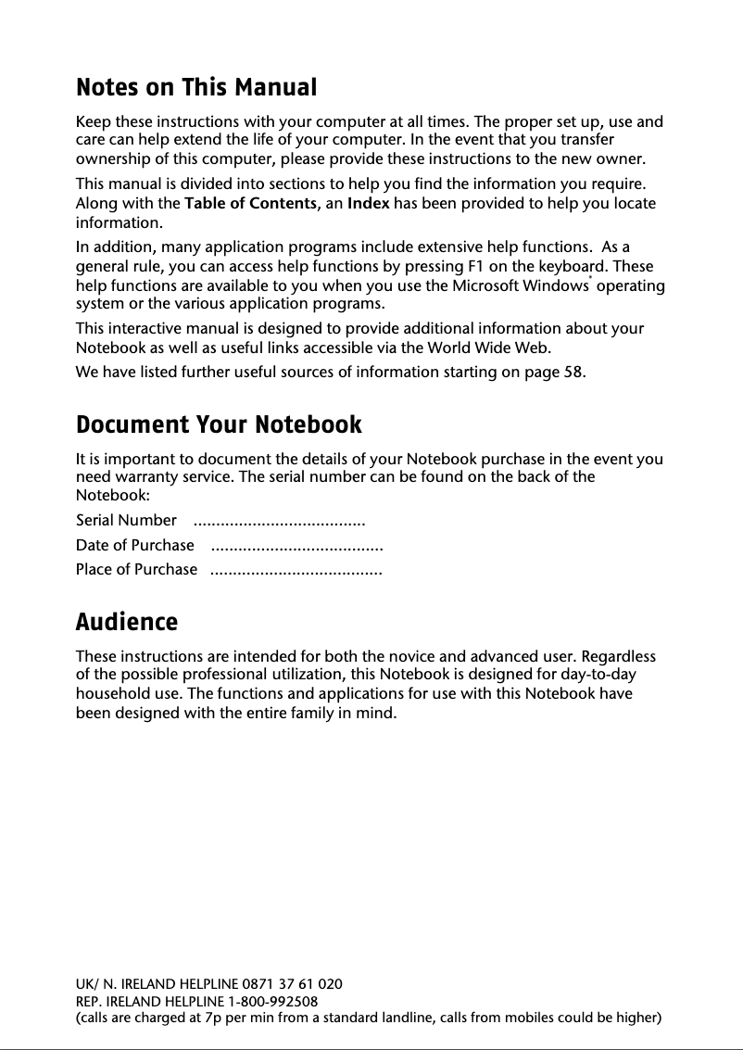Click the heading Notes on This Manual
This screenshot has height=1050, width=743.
click(195, 88)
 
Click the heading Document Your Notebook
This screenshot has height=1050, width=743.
click(219, 425)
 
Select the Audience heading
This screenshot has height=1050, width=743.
click(126, 622)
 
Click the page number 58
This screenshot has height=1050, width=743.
click(573, 373)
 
